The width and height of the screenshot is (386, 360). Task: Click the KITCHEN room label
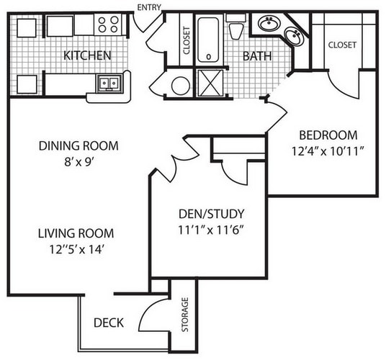point(87,55)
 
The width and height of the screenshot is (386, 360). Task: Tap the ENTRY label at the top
point(149,8)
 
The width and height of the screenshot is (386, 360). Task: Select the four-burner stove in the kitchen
point(108,24)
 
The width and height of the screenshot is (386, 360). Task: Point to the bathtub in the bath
point(208,40)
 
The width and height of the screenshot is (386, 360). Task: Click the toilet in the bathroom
point(236,27)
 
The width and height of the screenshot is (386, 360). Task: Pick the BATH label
point(257,56)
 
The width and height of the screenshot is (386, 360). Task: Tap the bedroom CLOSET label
point(342,45)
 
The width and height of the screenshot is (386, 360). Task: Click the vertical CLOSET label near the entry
point(187,40)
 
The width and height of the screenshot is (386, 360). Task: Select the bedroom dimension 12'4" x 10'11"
point(328,151)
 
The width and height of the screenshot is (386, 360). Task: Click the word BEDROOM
point(328,135)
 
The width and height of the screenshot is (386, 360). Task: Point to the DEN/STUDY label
point(212,214)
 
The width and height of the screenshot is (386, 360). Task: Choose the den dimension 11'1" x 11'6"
point(211,230)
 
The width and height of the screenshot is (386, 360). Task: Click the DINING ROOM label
point(78,145)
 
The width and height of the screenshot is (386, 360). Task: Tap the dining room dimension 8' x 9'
point(79,162)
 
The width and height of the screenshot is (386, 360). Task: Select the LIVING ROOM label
point(76,233)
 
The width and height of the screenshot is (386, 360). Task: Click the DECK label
point(109,323)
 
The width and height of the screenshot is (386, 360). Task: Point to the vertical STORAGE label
point(185,315)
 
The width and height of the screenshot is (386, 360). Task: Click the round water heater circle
point(181,86)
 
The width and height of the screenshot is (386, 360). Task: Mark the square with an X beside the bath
point(210,83)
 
